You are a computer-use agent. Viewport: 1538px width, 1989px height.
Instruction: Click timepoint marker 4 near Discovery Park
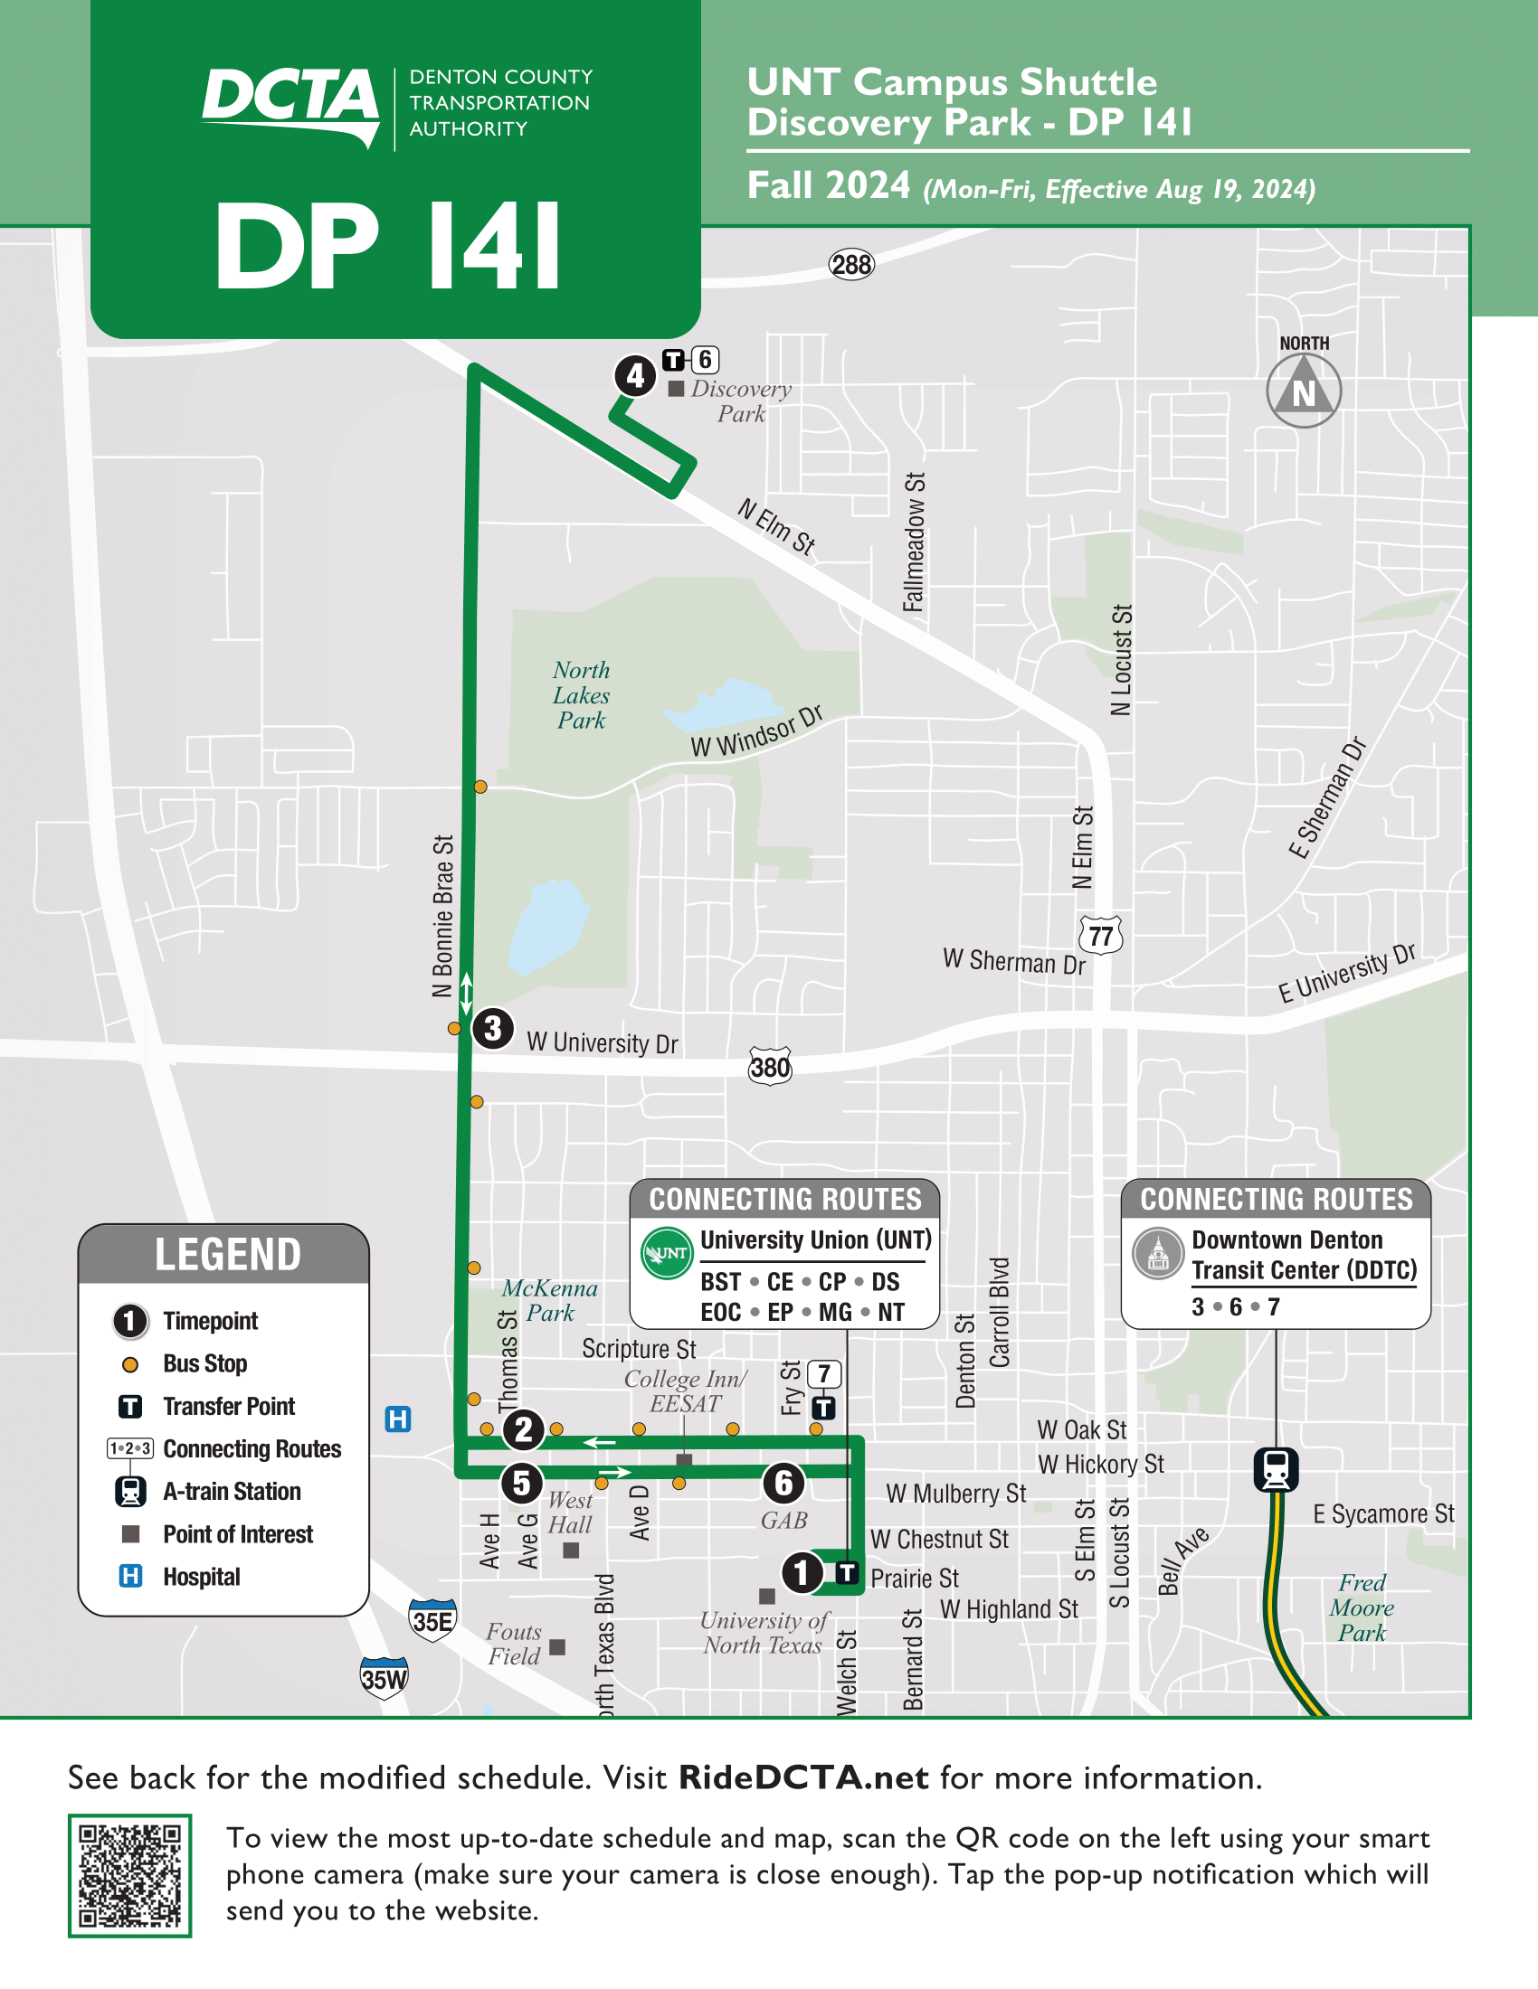[x=635, y=376]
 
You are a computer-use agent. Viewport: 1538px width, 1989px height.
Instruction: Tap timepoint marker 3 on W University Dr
[x=493, y=1028]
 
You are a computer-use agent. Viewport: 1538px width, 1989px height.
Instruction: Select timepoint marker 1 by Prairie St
[x=801, y=1572]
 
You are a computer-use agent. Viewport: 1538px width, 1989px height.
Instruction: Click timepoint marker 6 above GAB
[x=783, y=1483]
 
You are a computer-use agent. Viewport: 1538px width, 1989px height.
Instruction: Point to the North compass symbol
[x=1303, y=391]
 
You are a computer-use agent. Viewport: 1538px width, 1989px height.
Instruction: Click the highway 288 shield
[x=851, y=265]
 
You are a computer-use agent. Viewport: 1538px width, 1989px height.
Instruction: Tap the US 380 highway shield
[x=770, y=1066]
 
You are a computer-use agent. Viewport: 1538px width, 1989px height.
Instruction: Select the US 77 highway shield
[x=1101, y=936]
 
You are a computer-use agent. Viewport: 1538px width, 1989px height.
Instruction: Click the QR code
[x=129, y=1875]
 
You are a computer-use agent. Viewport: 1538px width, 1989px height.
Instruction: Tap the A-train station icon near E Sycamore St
[x=1276, y=1469]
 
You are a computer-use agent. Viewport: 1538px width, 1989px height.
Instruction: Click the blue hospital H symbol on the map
[x=398, y=1419]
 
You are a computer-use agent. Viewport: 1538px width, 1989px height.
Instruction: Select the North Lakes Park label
[x=582, y=695]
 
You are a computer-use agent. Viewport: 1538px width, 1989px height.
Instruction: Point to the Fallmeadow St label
[x=914, y=542]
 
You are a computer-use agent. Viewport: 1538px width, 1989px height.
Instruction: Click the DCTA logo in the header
[x=290, y=103]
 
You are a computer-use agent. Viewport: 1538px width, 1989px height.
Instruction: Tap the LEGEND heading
[x=227, y=1255]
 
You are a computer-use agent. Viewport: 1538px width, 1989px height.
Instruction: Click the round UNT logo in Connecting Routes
[x=667, y=1253]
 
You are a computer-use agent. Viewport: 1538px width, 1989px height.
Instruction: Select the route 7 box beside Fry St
[x=823, y=1373]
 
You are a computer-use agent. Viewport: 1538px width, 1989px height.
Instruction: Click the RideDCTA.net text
[x=802, y=1777]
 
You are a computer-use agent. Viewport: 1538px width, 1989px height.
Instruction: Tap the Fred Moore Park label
[x=1362, y=1607]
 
